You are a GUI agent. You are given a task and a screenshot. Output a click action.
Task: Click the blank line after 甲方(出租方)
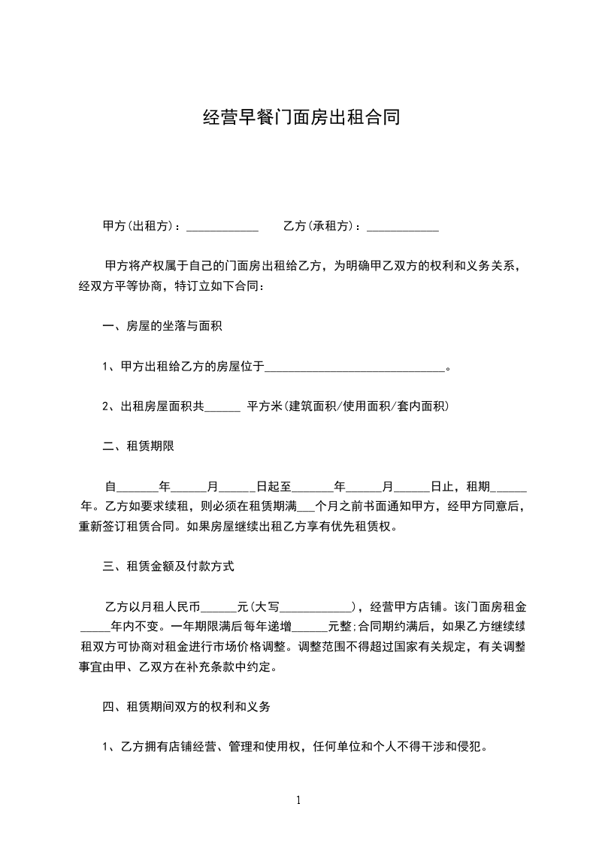(x=222, y=226)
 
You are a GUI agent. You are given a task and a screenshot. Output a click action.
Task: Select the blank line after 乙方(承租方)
(x=402, y=226)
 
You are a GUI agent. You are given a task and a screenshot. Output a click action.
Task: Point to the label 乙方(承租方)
(x=319, y=225)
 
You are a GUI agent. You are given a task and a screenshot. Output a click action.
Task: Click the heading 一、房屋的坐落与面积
(x=162, y=326)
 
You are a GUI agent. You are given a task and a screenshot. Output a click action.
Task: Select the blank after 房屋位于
(x=355, y=367)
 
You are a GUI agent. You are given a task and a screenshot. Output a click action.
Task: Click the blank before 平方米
(x=222, y=408)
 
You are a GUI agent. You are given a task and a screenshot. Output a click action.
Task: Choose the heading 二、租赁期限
(x=138, y=446)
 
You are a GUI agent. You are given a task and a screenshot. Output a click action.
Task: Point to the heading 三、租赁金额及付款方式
(x=168, y=567)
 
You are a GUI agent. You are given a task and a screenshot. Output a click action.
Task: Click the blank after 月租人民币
(x=219, y=608)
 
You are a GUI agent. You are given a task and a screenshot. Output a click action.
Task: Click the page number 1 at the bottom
(x=298, y=800)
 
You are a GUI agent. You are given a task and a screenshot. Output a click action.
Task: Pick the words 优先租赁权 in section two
(x=364, y=527)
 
